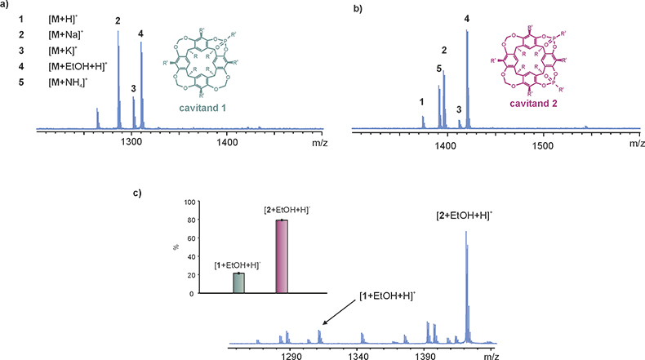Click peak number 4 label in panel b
(x=467, y=19)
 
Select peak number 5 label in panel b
(x=439, y=69)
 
